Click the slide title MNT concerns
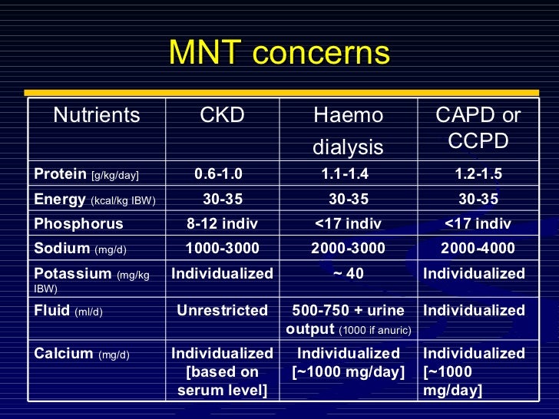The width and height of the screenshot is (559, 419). coord(279,54)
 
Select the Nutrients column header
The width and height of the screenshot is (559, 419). coord(97,116)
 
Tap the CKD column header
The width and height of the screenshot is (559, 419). coord(222,116)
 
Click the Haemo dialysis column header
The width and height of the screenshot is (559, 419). coord(349,130)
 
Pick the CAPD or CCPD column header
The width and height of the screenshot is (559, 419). coord(478,128)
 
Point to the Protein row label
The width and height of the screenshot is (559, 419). coord(87,174)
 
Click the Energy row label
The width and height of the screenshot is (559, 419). coord(94,200)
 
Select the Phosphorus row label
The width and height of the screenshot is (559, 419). coord(78,224)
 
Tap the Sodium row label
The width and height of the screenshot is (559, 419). coord(80,249)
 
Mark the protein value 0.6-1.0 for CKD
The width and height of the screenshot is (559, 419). coord(223,174)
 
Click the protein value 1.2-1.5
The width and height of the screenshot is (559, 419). coord(478,174)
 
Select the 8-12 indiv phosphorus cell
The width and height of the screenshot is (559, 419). coord(223,224)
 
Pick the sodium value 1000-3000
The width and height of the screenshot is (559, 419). coord(223,249)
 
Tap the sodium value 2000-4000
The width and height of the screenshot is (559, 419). coord(478,249)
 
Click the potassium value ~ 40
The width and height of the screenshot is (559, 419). coord(348,274)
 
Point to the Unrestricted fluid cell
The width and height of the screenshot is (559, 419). coord(223,311)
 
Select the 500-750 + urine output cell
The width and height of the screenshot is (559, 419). coord(349,319)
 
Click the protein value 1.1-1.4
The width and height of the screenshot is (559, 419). coord(349,174)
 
